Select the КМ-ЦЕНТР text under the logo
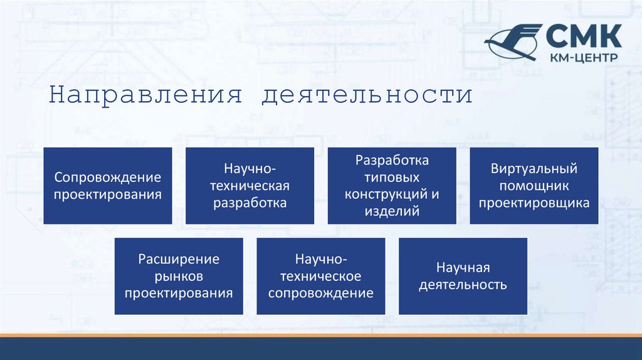point(583,58)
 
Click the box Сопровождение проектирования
point(108,186)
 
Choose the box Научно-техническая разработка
point(250,186)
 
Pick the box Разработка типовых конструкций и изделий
point(392,186)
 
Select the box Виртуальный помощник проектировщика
point(534,186)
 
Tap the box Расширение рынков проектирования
point(179,276)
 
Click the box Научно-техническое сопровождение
point(321,276)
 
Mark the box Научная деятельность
point(463,276)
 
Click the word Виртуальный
point(534,169)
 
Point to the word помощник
point(534,186)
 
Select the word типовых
point(392,177)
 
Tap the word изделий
point(392,211)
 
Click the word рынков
point(179,276)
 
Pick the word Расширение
point(179,259)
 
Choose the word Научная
point(463,268)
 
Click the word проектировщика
point(534,203)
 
